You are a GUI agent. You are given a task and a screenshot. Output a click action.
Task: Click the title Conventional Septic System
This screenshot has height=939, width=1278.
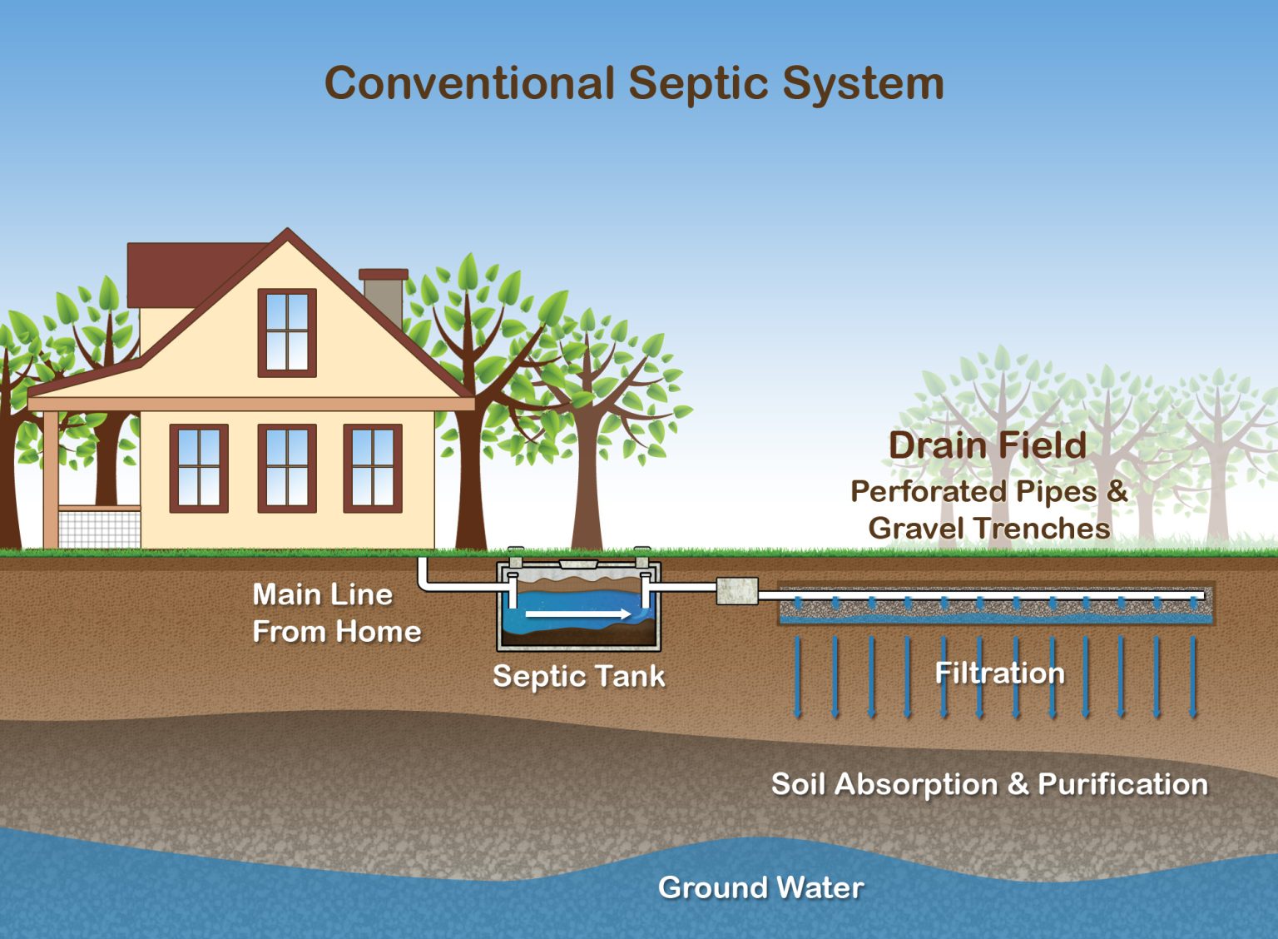634,83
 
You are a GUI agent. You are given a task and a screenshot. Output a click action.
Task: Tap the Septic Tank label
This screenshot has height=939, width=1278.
578,675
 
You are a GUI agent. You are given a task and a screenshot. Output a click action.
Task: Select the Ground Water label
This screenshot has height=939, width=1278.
760,887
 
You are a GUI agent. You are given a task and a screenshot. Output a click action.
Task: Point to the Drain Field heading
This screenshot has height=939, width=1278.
988,445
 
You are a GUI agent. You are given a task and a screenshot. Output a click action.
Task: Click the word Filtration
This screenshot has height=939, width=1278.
999,673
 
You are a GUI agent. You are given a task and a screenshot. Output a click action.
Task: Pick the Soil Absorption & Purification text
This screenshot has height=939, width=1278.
989,784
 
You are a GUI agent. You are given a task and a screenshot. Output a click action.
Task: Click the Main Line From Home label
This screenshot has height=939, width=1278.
335,613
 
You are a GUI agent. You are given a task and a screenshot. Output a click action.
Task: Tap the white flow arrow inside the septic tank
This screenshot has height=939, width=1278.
578,614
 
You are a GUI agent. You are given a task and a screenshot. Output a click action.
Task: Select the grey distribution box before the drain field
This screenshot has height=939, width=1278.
737,591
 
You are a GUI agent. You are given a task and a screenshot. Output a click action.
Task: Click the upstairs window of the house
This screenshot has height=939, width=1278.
287,332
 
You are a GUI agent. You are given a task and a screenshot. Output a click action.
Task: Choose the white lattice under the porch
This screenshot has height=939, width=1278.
100,529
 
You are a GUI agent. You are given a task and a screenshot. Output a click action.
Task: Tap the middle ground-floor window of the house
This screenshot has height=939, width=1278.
287,468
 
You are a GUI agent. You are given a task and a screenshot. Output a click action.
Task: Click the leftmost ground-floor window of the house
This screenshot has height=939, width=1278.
199,468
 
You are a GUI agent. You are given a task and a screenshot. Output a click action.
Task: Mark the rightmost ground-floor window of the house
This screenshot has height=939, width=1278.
373,468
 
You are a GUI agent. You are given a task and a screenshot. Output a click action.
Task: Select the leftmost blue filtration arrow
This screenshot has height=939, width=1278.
798,677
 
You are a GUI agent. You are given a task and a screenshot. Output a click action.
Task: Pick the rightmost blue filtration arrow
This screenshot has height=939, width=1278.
1194,677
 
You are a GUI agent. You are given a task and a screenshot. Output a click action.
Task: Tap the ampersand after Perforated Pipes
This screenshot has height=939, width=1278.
1117,490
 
